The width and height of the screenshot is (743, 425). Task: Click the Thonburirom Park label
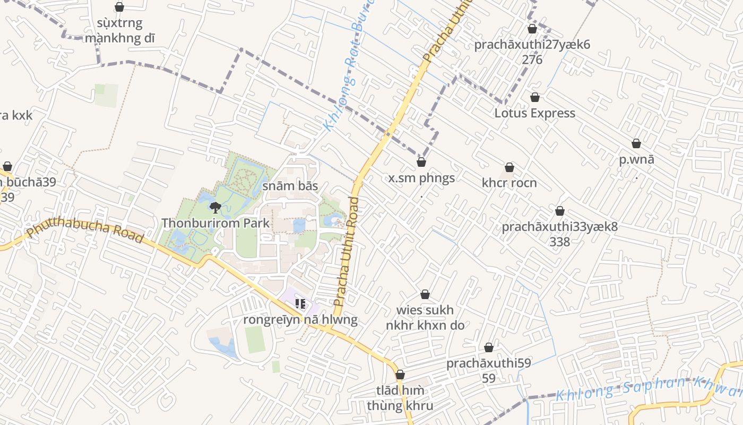click(215, 223)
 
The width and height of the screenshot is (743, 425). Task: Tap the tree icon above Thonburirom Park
click(215, 207)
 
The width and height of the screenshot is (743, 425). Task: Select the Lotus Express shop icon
click(534, 97)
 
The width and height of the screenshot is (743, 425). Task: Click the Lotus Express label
click(534, 113)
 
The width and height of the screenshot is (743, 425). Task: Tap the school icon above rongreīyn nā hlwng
click(300, 304)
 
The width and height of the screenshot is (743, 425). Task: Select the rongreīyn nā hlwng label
click(300, 320)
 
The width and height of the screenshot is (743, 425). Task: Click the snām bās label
click(290, 186)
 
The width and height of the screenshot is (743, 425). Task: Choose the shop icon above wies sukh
click(425, 294)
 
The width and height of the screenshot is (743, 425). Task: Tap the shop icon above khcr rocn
click(509, 167)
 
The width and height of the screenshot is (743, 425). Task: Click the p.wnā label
click(636, 159)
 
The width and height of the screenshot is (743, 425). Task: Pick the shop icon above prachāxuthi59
click(488, 347)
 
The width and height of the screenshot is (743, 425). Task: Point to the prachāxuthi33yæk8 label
click(559, 227)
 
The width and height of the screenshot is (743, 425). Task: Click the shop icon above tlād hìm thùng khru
click(400, 375)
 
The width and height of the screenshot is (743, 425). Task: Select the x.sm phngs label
click(421, 178)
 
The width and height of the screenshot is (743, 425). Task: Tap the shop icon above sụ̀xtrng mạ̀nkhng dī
click(119, 7)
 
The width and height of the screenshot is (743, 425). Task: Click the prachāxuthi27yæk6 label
click(532, 45)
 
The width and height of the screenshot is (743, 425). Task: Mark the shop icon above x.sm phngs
click(421, 162)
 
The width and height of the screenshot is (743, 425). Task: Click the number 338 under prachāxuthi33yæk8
click(559, 242)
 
